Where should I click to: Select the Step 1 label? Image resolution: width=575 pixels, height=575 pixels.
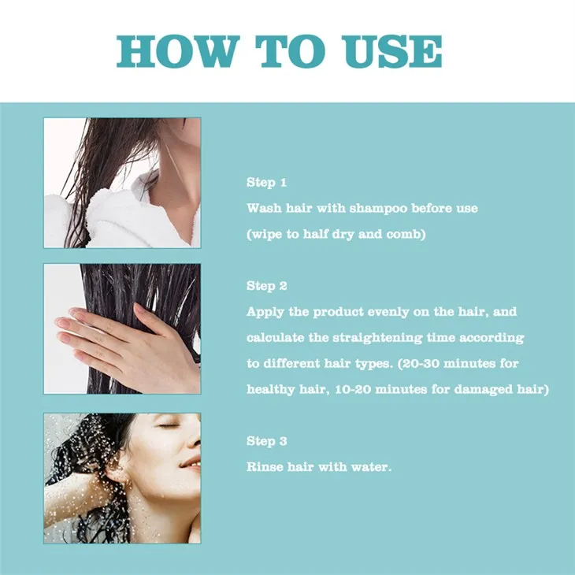click(266, 183)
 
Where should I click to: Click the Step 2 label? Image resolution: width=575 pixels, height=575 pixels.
click(266, 286)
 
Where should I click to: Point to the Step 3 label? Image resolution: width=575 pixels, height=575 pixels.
click(266, 441)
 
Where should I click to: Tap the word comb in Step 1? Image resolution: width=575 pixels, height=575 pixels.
click(402, 236)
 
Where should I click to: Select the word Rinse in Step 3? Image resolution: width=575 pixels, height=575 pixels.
click(265, 467)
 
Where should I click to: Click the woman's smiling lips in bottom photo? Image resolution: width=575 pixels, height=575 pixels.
click(190, 463)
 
